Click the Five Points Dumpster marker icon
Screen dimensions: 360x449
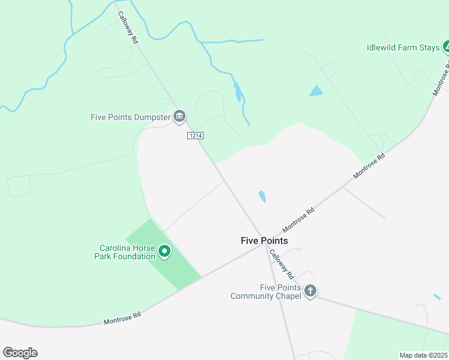tap(179, 116)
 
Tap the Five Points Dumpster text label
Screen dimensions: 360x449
tap(130, 117)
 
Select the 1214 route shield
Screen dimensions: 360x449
tap(195, 136)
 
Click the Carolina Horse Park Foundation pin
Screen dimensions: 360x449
tap(164, 252)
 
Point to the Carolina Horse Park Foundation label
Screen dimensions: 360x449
tap(127, 252)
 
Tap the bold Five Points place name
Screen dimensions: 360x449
tap(264, 241)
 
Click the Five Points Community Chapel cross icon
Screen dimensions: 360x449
tap(310, 292)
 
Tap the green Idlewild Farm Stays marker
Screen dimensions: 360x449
tap(446, 46)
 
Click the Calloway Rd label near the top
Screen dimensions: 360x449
tap(128, 28)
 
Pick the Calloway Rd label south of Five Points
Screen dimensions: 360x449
tap(281, 265)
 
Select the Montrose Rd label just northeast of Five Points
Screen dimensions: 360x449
tap(298, 220)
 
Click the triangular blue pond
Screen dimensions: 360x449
tap(316, 91)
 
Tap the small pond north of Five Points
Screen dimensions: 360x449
tap(262, 196)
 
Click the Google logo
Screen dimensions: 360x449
tap(20, 353)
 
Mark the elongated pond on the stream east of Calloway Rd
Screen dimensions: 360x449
tap(238, 92)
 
